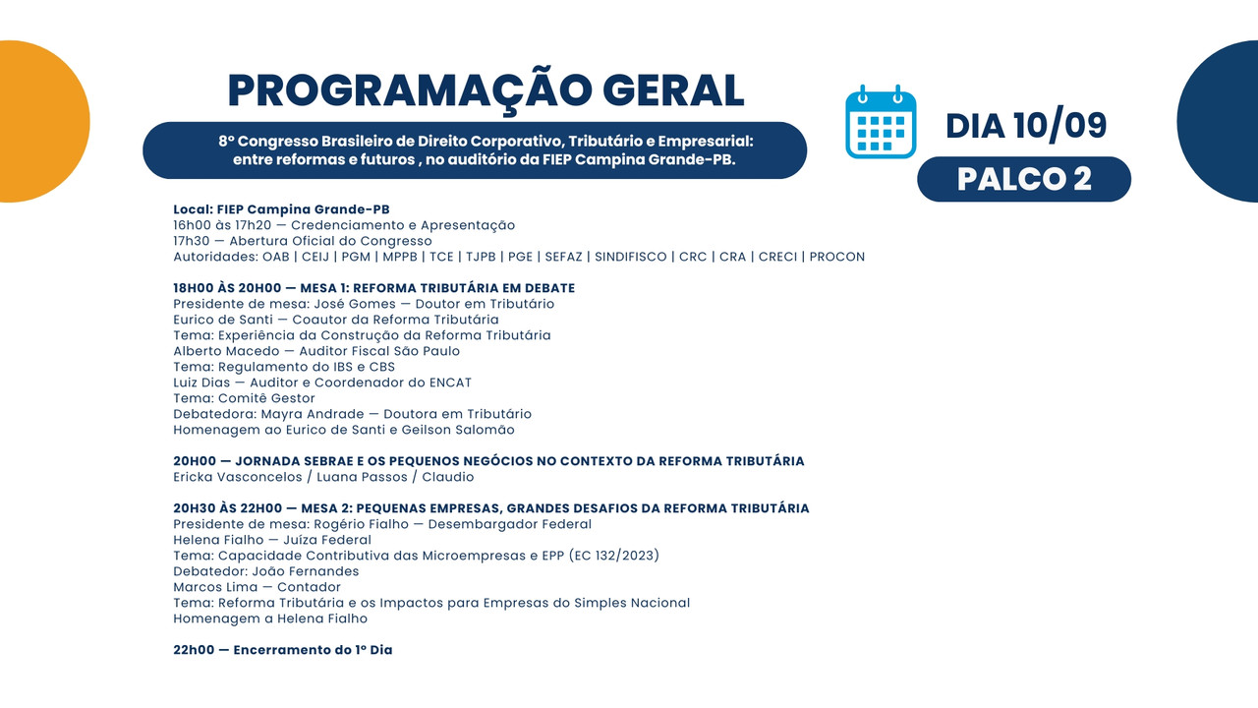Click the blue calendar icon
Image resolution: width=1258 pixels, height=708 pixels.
[x=881, y=121]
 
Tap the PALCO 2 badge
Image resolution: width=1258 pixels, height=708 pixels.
[x=1024, y=179]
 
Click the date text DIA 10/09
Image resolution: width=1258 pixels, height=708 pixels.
[x=1026, y=125]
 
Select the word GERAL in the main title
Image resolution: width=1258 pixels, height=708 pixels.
[x=673, y=90]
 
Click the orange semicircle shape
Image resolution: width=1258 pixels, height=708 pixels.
[x=42, y=121]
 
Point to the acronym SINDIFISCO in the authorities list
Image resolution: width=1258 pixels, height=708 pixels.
[x=631, y=257]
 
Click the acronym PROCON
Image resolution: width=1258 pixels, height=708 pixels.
[x=836, y=257]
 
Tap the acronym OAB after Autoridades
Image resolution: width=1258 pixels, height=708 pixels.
[x=276, y=257]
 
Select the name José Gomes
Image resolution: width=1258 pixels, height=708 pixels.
[x=355, y=304]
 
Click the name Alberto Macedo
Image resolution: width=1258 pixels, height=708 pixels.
[x=226, y=351]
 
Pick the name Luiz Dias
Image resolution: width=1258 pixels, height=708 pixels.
[x=201, y=383]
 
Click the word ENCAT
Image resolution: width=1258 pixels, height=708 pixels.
[x=450, y=383]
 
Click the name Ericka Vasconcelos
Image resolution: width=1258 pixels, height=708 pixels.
[x=238, y=477]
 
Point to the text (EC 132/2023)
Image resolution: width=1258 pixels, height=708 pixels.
[x=614, y=556]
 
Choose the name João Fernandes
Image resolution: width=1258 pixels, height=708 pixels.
[x=305, y=571]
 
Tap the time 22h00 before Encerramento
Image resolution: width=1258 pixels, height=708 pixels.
[x=194, y=650]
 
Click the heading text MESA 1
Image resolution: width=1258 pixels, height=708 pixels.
[x=322, y=288]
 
